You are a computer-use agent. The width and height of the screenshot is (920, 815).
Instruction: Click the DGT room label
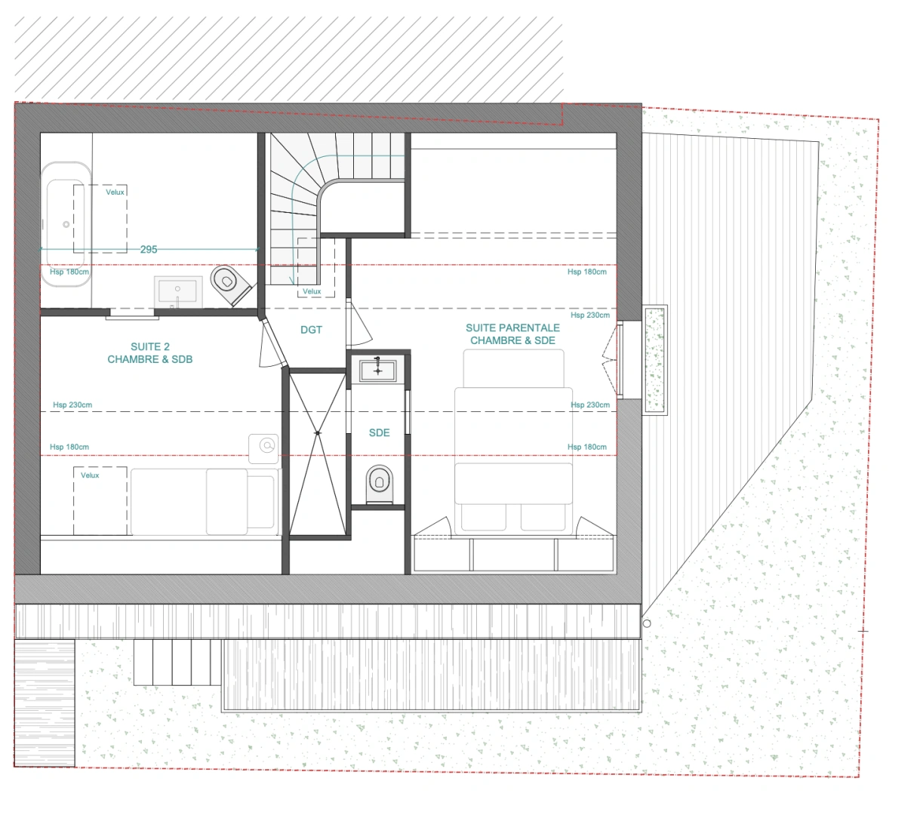[311, 330]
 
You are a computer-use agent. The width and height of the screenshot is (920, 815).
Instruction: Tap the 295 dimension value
[149, 249]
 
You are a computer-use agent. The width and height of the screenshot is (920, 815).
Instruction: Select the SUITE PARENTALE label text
[512, 328]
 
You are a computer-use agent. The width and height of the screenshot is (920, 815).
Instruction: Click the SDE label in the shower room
[379, 432]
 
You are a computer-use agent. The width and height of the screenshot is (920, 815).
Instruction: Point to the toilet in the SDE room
[379, 484]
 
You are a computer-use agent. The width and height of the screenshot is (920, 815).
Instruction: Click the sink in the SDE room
[378, 371]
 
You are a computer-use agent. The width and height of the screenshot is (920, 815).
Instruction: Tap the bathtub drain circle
[66, 224]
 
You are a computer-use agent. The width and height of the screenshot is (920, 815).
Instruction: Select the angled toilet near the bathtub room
[230, 284]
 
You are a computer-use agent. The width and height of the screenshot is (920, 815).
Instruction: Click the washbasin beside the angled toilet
[178, 291]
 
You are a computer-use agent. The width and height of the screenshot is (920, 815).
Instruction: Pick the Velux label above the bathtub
[115, 192]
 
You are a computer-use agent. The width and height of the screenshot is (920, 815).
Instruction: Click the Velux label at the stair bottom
[312, 291]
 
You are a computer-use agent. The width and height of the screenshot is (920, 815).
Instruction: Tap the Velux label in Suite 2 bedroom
[90, 475]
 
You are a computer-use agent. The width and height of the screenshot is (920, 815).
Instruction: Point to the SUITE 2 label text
[150, 347]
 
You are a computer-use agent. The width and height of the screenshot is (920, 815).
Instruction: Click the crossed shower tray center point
[318, 433]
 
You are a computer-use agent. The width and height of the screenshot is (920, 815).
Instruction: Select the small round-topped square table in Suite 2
[263, 448]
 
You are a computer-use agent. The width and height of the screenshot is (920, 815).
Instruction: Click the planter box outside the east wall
[654, 360]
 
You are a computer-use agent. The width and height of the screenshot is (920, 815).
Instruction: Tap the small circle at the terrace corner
[647, 623]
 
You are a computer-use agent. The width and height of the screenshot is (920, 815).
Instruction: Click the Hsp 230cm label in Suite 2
[72, 404]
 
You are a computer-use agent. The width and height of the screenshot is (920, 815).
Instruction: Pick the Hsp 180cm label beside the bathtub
[69, 272]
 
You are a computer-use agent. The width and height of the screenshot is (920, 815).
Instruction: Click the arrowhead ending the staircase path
[292, 281]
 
